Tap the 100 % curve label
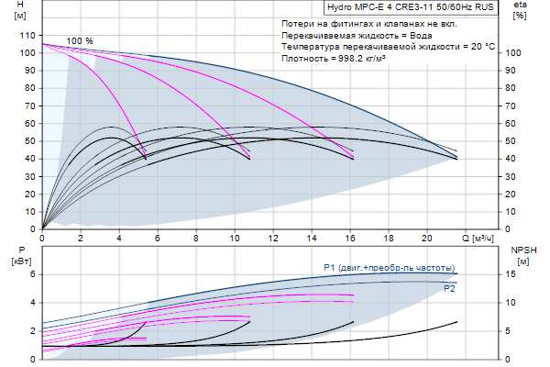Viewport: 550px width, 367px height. pos(80,41)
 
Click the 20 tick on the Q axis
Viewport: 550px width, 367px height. pos(426,239)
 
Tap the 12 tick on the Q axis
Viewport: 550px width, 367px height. pos(272,239)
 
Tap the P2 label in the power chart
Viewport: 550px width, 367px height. pos(449,288)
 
